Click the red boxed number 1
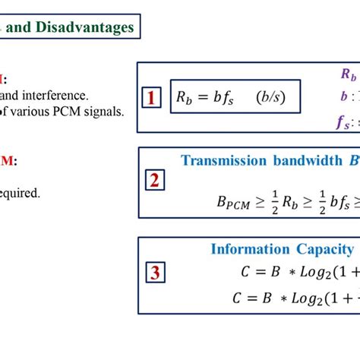point(152,98)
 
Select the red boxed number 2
point(154,181)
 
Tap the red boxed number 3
point(154,273)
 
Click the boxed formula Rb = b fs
point(204,97)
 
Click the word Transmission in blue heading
point(223,160)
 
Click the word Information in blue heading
point(250,249)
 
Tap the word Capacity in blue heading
point(323,249)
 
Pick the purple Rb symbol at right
point(348,74)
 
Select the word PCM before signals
point(74,111)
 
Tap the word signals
point(106,111)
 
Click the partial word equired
point(20,193)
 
